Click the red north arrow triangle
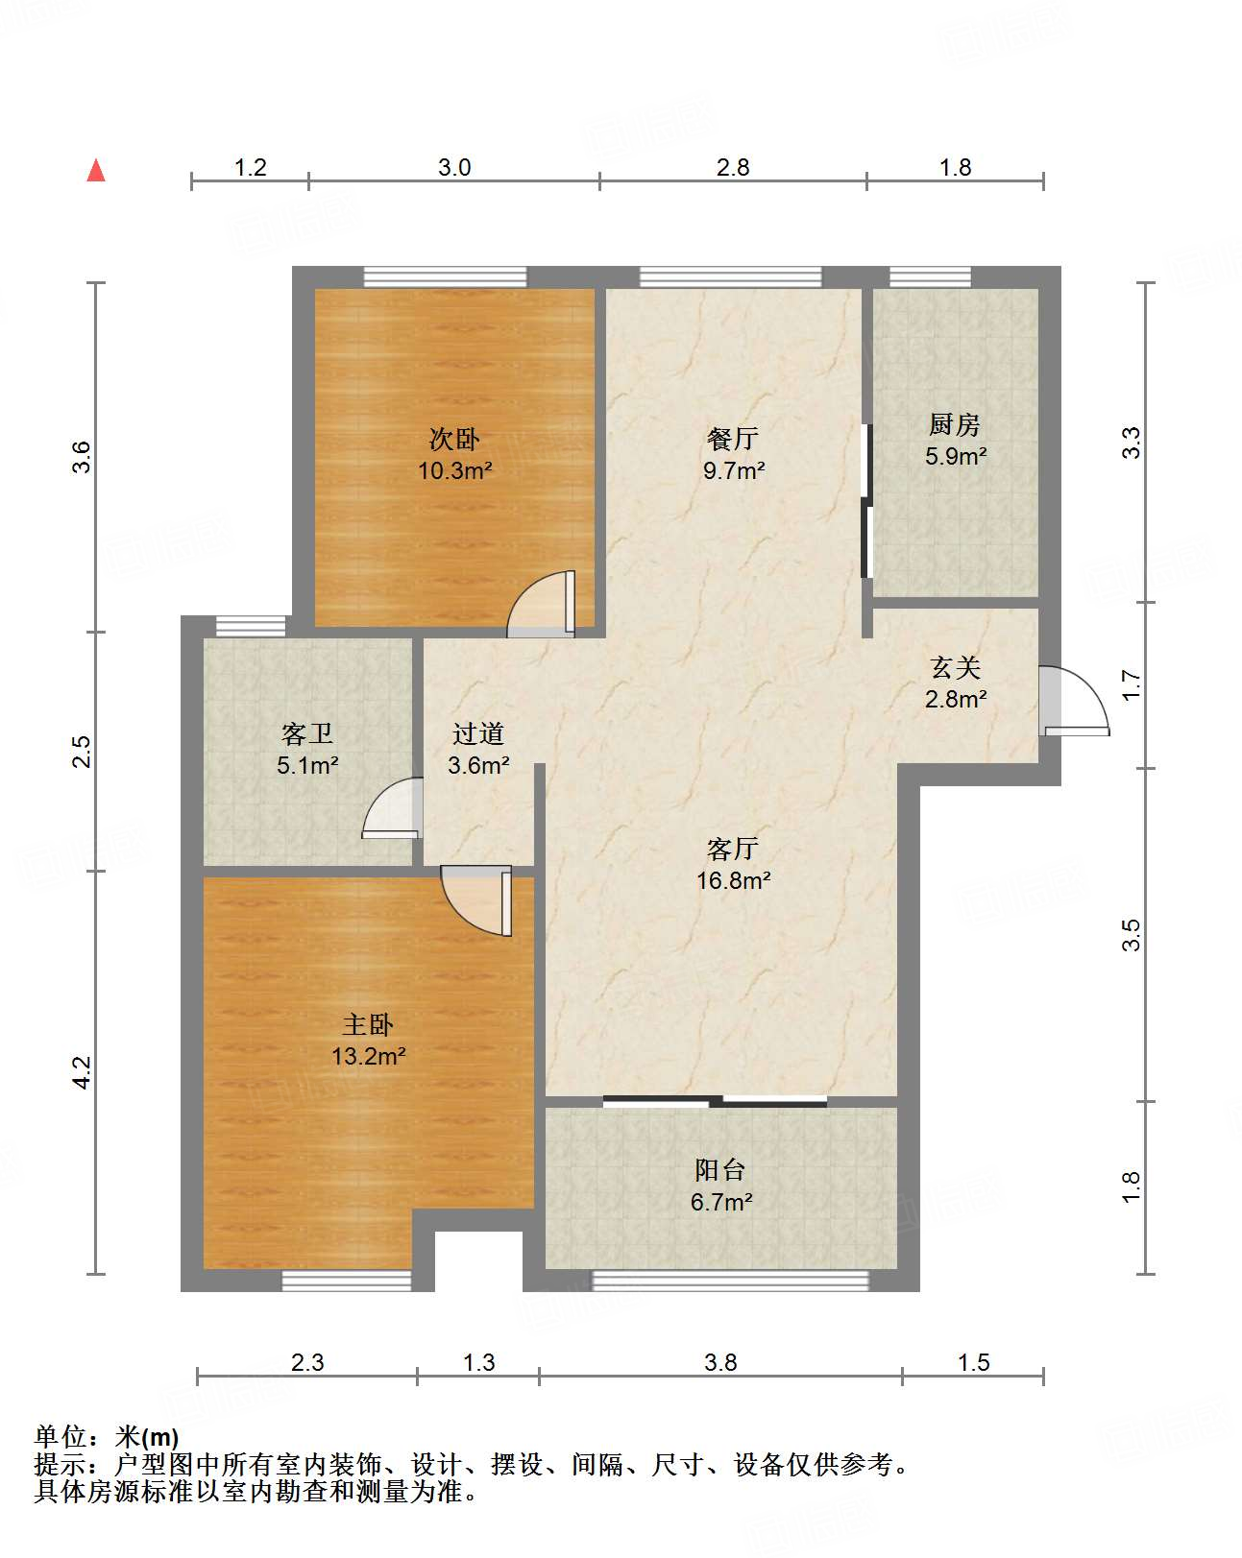click(96, 170)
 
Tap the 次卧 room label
click(454, 440)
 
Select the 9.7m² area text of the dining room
click(734, 471)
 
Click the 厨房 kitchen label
click(955, 424)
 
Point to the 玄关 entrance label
click(955, 667)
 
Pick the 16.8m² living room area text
click(734, 880)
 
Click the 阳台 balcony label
click(720, 1169)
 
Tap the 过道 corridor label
click(478, 734)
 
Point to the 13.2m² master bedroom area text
click(369, 1057)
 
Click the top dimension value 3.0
click(454, 167)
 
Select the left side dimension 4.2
click(83, 1072)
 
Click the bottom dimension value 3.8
click(720, 1362)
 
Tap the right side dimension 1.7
click(1132, 684)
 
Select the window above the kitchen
click(930, 277)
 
